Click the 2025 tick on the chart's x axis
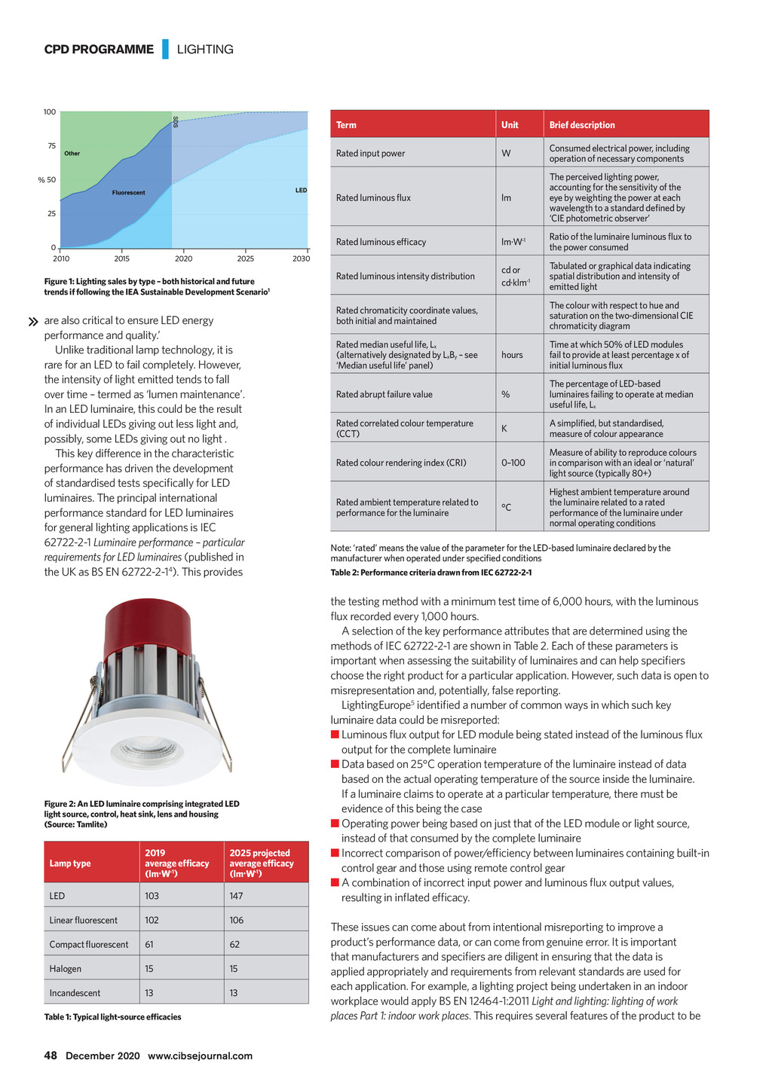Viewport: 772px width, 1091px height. point(245,258)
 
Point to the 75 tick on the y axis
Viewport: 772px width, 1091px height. point(51,146)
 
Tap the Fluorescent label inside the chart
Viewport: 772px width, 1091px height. point(128,193)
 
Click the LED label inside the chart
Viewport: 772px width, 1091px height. point(301,191)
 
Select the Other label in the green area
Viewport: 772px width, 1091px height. point(72,154)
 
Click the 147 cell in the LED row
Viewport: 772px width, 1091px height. point(236,896)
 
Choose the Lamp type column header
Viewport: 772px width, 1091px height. point(70,863)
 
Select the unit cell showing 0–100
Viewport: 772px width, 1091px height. point(513,463)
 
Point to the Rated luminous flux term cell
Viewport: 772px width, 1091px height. point(373,198)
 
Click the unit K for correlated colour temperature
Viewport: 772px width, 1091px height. point(504,429)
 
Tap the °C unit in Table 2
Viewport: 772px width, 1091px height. point(506,507)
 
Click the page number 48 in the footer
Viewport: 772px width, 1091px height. point(51,1056)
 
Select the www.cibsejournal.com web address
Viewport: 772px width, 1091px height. point(200,1056)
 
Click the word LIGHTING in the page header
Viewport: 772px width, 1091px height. point(205,50)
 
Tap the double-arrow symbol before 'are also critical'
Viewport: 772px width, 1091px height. point(32,322)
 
